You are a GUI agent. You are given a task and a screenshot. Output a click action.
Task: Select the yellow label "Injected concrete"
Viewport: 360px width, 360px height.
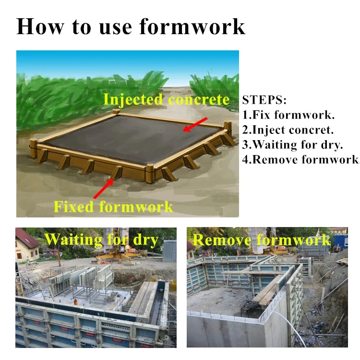tap(167, 99)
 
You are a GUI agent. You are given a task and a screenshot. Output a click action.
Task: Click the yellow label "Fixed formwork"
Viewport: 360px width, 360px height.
tap(113, 206)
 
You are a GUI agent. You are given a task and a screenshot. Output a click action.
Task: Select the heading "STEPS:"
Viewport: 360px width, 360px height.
tap(264, 100)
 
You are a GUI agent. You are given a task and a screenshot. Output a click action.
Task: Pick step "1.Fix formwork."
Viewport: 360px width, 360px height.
tap(288, 115)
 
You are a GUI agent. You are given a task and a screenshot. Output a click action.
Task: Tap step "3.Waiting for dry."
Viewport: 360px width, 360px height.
tap(294, 144)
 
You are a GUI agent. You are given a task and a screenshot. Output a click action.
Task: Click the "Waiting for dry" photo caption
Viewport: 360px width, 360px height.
tap(101, 239)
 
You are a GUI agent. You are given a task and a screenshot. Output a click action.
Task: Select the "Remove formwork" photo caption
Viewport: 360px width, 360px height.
tap(262, 240)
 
